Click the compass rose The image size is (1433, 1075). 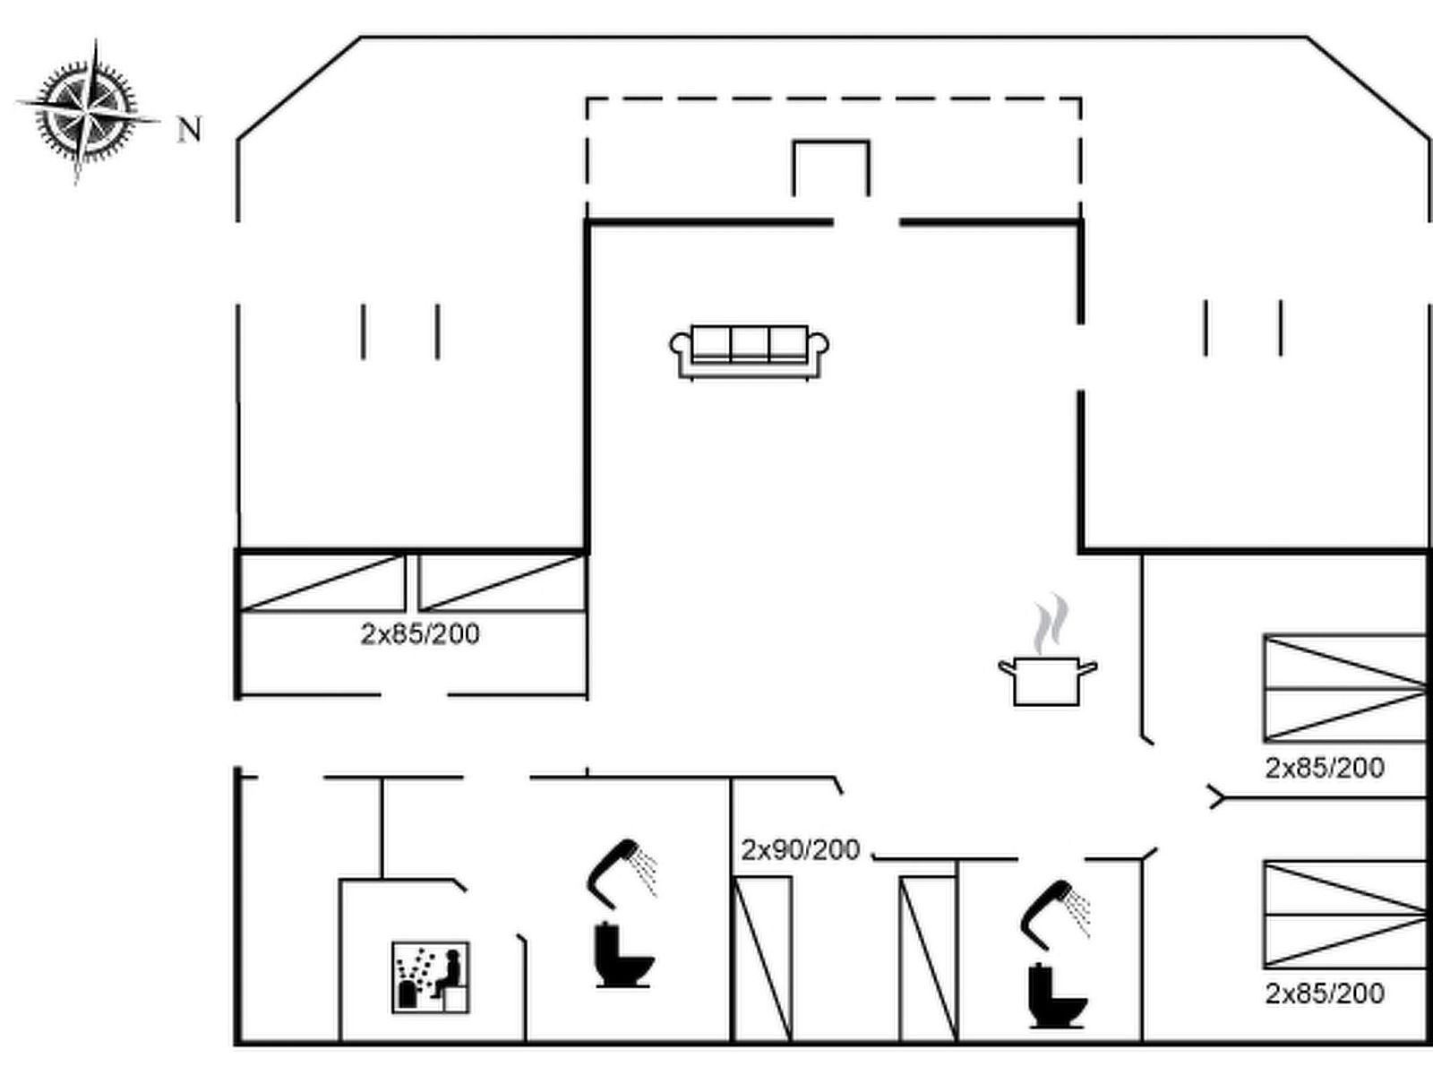(x=86, y=112)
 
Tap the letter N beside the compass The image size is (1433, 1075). (x=189, y=129)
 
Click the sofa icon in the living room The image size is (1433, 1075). (x=749, y=352)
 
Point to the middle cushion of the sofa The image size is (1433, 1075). (x=750, y=344)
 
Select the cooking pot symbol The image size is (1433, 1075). (x=1047, y=681)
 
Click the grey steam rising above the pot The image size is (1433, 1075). (x=1051, y=623)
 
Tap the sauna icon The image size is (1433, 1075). (x=430, y=977)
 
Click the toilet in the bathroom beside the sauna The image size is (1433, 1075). (x=623, y=954)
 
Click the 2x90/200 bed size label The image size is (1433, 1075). (x=801, y=850)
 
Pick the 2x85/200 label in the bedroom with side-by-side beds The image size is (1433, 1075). (x=420, y=633)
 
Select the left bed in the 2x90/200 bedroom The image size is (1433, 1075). (x=762, y=959)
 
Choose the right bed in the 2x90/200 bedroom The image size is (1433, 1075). (x=929, y=959)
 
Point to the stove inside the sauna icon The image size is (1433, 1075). (x=408, y=994)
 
